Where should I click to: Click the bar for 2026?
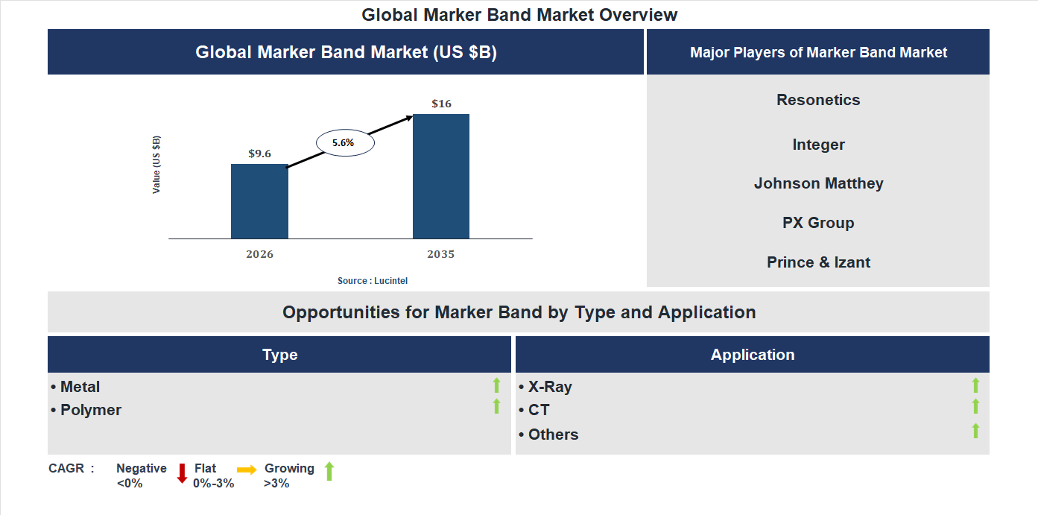tap(259, 201)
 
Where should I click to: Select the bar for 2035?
tap(441, 177)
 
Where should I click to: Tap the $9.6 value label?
tap(259, 154)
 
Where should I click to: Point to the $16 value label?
tap(441, 104)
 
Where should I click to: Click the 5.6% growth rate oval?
tap(345, 142)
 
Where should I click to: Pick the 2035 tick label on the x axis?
tap(440, 254)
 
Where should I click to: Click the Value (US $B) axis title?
tap(156, 165)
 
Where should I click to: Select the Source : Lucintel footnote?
tap(373, 281)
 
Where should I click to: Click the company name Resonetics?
tap(818, 100)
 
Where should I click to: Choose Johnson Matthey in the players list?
tap(818, 183)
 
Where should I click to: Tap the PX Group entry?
tap(818, 223)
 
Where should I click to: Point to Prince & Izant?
tap(818, 262)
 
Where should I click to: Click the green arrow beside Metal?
tap(496, 385)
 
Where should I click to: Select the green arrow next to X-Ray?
tap(975, 385)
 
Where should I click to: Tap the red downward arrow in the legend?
tap(182, 473)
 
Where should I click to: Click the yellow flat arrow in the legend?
tap(247, 470)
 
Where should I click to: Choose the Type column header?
tap(279, 355)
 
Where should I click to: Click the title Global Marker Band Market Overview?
tap(519, 14)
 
